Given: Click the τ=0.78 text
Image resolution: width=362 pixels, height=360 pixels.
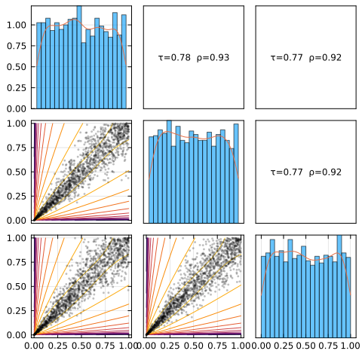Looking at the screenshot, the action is (174, 58).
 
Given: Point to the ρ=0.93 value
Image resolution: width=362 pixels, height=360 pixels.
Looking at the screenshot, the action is (213, 58).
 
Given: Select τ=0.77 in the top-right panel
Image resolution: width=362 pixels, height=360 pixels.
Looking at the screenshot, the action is (287, 58).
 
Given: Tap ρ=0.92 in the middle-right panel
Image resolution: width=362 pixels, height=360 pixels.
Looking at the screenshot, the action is (325, 172).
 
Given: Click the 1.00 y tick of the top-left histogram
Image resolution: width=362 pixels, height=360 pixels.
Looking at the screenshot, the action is (17, 25).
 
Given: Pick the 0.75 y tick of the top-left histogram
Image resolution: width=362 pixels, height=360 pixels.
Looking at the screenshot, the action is (17, 46).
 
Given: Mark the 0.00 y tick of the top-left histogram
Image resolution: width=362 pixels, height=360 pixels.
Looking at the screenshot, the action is (17, 108).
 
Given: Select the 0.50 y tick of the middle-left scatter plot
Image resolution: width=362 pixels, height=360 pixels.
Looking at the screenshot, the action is (17, 172).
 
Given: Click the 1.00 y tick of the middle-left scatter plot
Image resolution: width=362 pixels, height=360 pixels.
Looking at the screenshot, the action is (17, 124).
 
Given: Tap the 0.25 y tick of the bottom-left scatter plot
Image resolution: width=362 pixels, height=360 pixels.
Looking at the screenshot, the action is (17, 311).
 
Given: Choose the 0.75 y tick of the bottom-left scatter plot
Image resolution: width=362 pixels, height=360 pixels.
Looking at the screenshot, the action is (17, 262).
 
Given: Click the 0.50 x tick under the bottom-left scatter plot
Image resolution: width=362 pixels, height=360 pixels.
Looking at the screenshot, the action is (81, 346).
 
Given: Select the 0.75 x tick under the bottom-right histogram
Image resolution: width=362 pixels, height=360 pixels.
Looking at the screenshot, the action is (328, 346).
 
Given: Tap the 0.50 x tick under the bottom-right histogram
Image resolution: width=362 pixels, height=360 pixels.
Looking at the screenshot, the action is (306, 346).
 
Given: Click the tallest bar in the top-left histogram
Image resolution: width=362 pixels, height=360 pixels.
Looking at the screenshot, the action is (79, 57).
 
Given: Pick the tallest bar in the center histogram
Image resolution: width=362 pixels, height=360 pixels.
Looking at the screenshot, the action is (169, 172).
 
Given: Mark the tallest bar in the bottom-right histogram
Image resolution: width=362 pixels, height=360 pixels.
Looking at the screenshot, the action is (339, 286).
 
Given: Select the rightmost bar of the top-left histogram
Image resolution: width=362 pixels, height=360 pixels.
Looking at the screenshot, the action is (124, 62).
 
